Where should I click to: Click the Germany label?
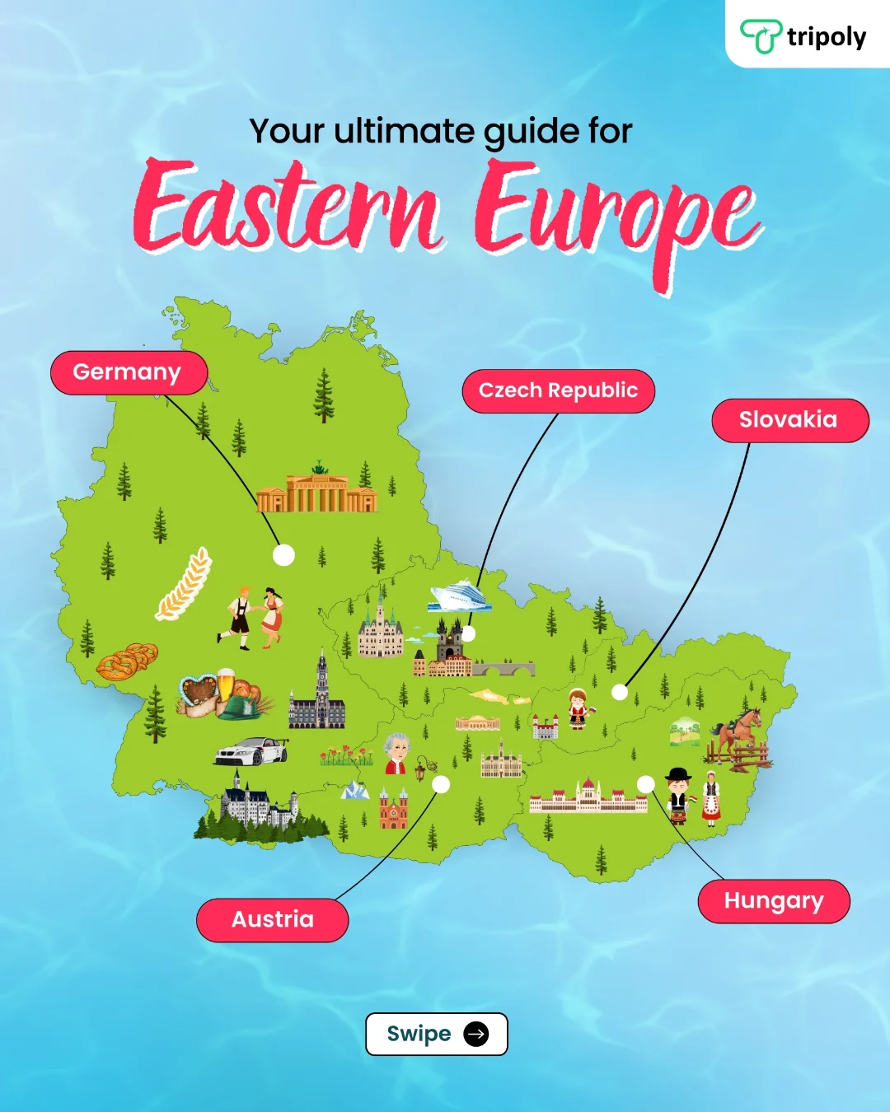[128, 373]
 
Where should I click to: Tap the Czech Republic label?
[558, 391]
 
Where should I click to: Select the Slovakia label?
[789, 420]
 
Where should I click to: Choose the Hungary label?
[773, 901]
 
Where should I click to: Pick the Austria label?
[272, 919]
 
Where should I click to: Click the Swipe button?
[436, 1034]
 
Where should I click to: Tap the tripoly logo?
[803, 36]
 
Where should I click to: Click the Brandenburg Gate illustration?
[317, 490]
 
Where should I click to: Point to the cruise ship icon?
[459, 596]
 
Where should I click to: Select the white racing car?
[251, 751]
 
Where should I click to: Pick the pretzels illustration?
[126, 661]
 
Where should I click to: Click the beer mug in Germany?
[225, 683]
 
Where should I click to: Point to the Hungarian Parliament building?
[588, 797]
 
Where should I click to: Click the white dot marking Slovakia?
[620, 692]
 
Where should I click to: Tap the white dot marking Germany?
[283, 555]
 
